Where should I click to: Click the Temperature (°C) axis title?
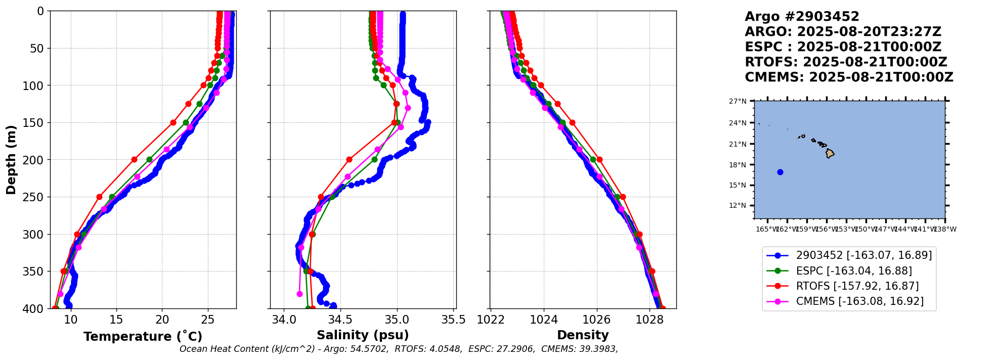click(x=143, y=337)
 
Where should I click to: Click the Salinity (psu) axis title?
click(x=363, y=335)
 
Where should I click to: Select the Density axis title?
click(x=583, y=335)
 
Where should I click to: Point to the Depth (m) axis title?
click(x=11, y=160)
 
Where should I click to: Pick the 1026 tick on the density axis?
click(x=597, y=320)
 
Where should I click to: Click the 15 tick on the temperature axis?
click(x=116, y=320)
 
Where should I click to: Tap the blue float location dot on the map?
click(x=780, y=172)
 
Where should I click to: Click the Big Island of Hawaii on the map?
click(x=830, y=154)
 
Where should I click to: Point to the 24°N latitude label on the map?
click(x=738, y=123)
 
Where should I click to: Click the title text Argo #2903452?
click(x=802, y=17)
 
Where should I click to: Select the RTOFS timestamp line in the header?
click(x=846, y=62)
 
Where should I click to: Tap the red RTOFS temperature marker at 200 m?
click(x=134, y=160)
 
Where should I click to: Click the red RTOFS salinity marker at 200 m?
click(x=349, y=160)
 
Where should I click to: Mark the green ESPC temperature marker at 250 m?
click(x=112, y=197)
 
